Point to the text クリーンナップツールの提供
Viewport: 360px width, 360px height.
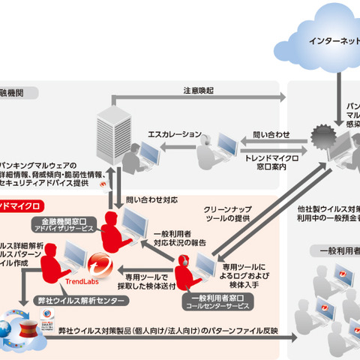[x=229, y=217]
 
